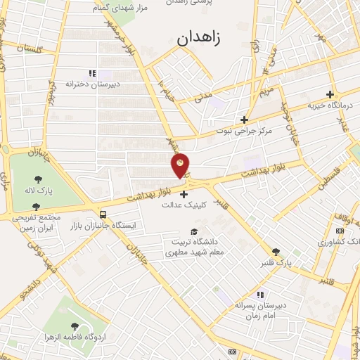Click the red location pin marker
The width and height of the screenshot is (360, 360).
[x=181, y=165]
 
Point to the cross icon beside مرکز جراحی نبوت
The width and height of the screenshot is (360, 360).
[x=244, y=120]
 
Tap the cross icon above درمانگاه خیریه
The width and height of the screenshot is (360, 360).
[x=330, y=94]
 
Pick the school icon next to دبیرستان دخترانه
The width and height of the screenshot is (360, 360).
[x=91, y=73]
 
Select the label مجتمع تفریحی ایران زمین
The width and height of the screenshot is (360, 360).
[x=38, y=223]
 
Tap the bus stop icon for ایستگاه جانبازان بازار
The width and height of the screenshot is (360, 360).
[x=104, y=214]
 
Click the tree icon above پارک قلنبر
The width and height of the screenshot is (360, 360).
[x=276, y=251]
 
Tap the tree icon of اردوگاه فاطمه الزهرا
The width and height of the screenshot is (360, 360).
[x=75, y=326]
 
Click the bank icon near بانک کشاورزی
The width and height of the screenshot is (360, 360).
[x=340, y=231]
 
